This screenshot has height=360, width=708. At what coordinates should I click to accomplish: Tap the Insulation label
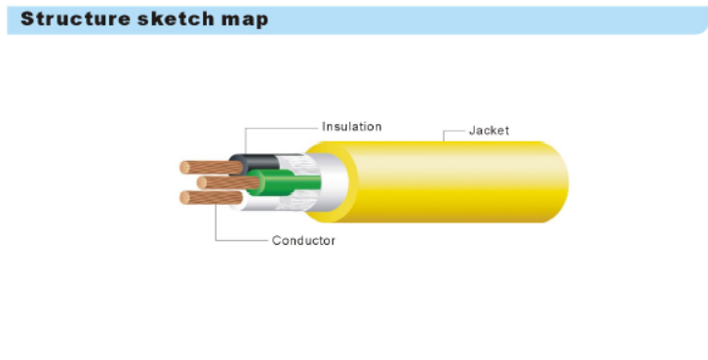pyautogui.click(x=351, y=127)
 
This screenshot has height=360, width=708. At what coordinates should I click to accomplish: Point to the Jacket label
pyautogui.click(x=489, y=130)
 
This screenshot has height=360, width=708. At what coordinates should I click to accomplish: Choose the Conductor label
pyautogui.click(x=303, y=241)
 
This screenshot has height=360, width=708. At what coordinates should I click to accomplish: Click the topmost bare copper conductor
pyautogui.click(x=211, y=167)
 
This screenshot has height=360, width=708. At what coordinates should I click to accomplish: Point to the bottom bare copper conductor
pyautogui.click(x=208, y=198)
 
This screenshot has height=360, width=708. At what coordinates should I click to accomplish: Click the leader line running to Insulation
pyautogui.click(x=283, y=127)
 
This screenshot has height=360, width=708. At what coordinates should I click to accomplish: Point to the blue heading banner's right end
pyautogui.click(x=697, y=20)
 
